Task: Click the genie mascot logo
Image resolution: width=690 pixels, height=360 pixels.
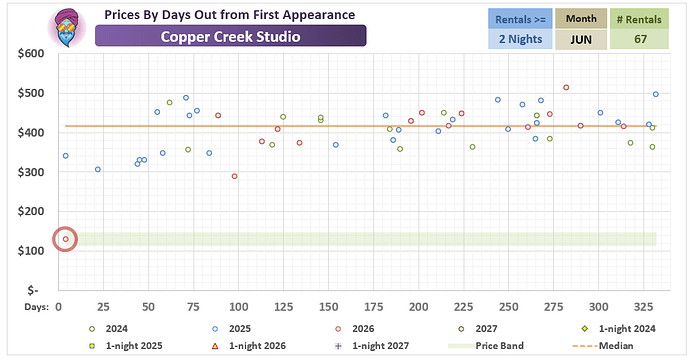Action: tap(68, 27)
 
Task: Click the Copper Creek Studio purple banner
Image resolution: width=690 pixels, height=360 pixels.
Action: tap(231, 36)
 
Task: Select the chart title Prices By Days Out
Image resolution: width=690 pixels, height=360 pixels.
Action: tap(230, 15)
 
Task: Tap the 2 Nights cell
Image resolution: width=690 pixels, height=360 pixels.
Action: tap(520, 39)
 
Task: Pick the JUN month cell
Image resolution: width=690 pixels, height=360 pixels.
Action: tap(581, 39)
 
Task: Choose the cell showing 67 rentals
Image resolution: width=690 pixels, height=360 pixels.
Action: tap(640, 39)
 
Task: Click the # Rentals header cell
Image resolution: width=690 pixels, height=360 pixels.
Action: tap(639, 19)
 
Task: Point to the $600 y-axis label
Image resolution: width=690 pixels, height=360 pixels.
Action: tap(31, 54)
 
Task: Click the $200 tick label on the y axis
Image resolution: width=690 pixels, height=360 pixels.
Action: tap(31, 211)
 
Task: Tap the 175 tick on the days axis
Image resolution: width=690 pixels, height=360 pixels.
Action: tap(373, 307)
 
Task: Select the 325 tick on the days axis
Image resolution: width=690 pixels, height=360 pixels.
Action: tap(643, 307)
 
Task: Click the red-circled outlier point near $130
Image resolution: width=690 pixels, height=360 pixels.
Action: tap(66, 239)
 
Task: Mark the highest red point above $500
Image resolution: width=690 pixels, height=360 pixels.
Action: tap(566, 88)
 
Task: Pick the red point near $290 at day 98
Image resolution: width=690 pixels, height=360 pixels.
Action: tap(235, 176)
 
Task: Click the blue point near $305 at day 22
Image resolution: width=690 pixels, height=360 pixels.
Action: tap(98, 169)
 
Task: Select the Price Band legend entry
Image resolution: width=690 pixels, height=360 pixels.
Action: tap(486, 346)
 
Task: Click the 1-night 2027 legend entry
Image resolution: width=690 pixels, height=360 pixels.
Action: tap(372, 346)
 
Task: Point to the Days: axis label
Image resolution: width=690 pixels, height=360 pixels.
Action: tap(37, 307)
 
